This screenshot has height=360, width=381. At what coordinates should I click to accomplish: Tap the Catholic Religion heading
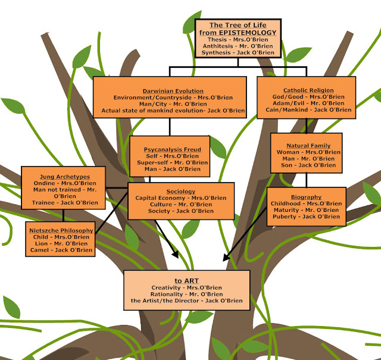(307, 89)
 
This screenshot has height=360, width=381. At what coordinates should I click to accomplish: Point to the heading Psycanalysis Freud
(168, 149)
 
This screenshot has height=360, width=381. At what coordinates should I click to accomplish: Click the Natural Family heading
(305, 145)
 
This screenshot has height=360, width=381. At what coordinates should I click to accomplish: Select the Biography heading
(307, 197)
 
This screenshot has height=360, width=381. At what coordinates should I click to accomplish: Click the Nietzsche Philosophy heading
(61, 230)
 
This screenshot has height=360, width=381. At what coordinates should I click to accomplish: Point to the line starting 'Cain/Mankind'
(307, 110)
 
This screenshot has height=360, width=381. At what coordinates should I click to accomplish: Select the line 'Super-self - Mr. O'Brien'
(168, 162)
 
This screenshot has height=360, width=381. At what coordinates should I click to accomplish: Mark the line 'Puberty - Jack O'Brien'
(307, 217)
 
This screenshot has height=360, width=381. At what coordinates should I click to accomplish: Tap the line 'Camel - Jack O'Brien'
(61, 251)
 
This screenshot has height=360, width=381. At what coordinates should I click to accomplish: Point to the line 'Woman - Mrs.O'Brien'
(305, 152)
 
